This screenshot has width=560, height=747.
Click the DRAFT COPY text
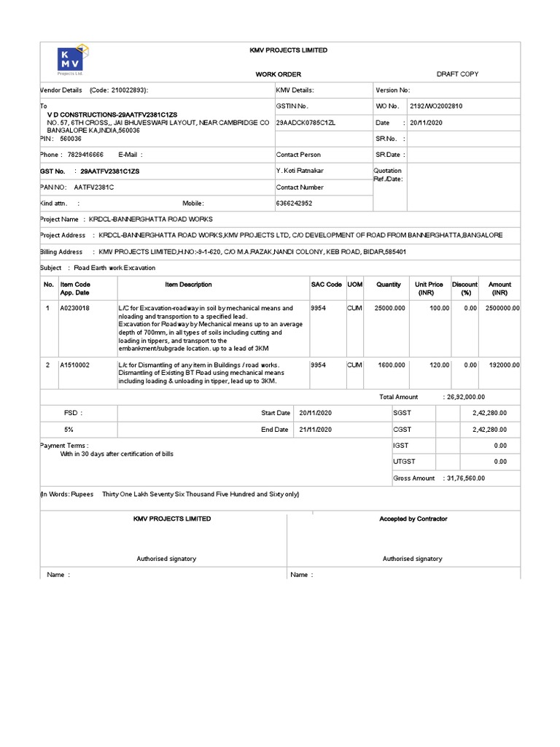pyautogui.click(x=457, y=74)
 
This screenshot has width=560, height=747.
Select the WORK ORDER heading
pyautogui.click(x=278, y=74)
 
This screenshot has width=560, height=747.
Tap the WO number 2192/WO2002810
pyautogui.click(x=436, y=107)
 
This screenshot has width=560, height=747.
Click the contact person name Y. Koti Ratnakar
pyautogui.click(x=300, y=171)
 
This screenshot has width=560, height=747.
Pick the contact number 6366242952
pyautogui.click(x=295, y=204)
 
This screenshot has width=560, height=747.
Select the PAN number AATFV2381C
pyautogui.click(x=94, y=187)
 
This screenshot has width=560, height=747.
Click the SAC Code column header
pyautogui.click(x=326, y=285)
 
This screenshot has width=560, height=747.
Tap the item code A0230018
pyautogui.click(x=75, y=309)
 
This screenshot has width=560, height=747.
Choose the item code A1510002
pyautogui.click(x=75, y=365)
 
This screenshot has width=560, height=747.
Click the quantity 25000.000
pyautogui.click(x=389, y=309)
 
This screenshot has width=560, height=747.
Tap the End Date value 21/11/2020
pyautogui.click(x=315, y=430)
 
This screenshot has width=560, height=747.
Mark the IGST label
pyautogui.click(x=401, y=445)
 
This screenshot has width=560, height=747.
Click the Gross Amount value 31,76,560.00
pyautogui.click(x=467, y=478)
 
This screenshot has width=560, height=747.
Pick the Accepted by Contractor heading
pyautogui.click(x=413, y=519)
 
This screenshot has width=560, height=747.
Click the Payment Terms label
pyautogui.click(x=64, y=445)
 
